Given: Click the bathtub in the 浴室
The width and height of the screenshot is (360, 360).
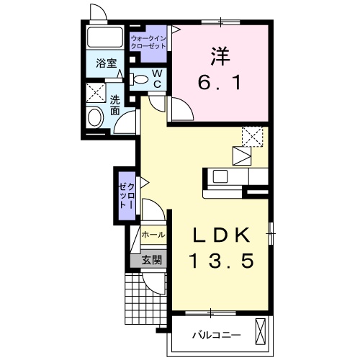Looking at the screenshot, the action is (x=105, y=37).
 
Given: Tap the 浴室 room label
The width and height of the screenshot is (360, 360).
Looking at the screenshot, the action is (x=106, y=63).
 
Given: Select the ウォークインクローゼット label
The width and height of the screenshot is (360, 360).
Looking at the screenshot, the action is (x=148, y=42).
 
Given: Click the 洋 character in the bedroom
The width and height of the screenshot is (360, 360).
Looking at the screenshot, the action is (x=220, y=56).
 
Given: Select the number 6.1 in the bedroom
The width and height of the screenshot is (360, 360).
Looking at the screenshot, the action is (x=219, y=83).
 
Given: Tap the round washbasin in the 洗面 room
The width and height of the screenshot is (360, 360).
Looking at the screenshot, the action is (x=95, y=118).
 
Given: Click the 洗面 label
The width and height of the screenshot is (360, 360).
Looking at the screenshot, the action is (x=115, y=105).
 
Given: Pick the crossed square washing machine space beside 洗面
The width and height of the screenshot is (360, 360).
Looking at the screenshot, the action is (x=96, y=93).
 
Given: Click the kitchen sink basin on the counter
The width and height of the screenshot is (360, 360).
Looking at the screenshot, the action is (x=220, y=176).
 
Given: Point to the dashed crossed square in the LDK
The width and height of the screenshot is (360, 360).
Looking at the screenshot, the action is (x=253, y=137).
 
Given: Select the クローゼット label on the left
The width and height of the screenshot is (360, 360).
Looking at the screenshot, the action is (x=127, y=195).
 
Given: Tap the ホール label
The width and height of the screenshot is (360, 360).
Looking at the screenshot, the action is (x=153, y=235).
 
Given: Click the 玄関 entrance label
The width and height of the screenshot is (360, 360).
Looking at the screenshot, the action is (x=151, y=260).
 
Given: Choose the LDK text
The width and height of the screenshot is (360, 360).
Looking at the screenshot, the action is (x=222, y=235).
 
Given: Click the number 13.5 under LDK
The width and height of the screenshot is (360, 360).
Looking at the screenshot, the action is (x=222, y=261).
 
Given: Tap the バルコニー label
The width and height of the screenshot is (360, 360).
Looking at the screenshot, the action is (x=217, y=335).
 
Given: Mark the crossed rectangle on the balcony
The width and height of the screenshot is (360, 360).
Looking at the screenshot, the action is (x=261, y=332).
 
